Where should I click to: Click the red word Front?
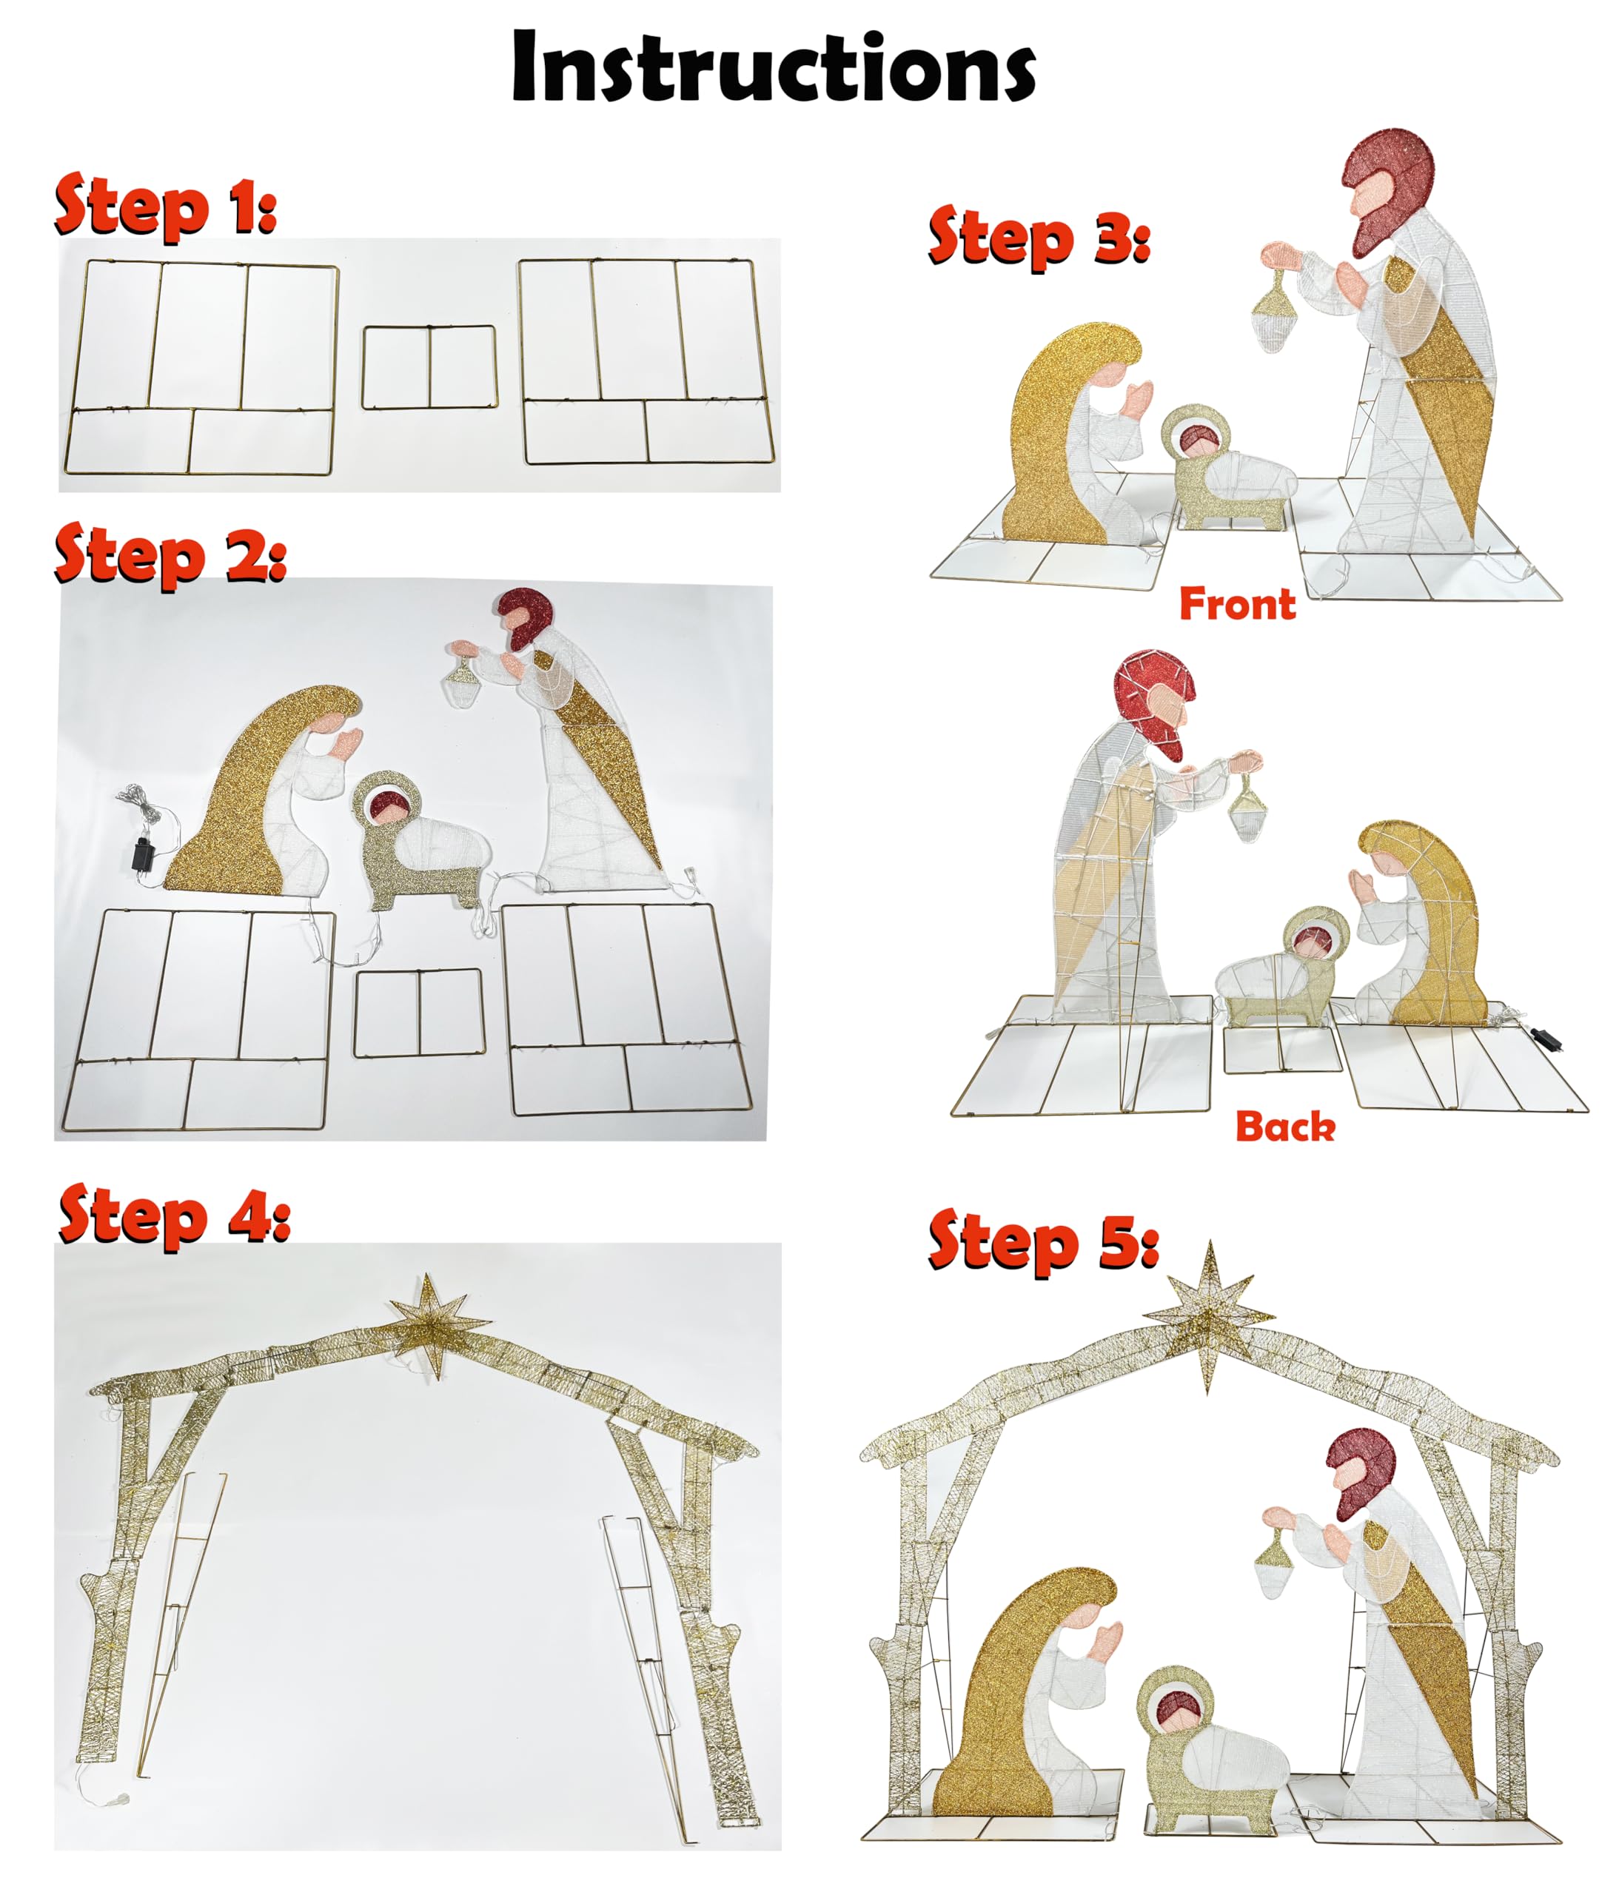tap(1237, 605)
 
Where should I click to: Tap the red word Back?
tap(1285, 1127)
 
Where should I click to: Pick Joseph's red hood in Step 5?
tap(1359, 1479)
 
